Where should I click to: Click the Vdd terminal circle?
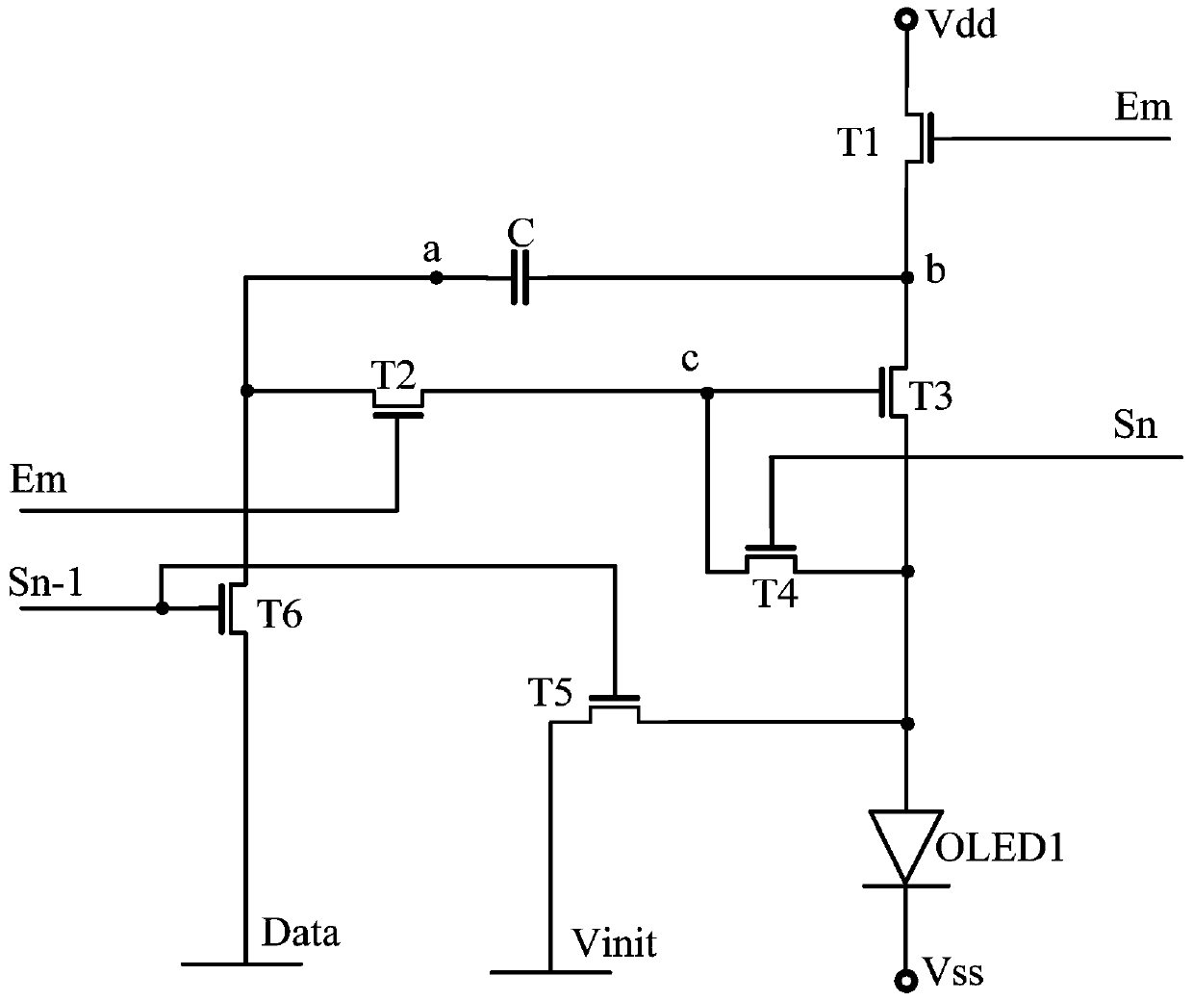coord(905,19)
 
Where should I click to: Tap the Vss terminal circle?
coord(905,981)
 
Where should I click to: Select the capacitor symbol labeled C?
coord(520,278)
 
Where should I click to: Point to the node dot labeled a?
coord(436,278)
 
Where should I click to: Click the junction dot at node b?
coord(906,278)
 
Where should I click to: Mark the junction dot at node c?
coord(707,393)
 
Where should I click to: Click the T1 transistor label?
coord(858,142)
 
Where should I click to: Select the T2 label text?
coord(393,375)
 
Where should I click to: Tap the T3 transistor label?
coord(930,396)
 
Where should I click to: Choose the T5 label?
coord(549,692)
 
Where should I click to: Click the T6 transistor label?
coord(279,614)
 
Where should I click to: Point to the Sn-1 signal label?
coord(46,582)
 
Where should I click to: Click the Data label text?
coord(300,933)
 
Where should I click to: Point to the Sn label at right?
coord(1135,424)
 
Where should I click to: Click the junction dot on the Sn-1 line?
coord(163,608)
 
